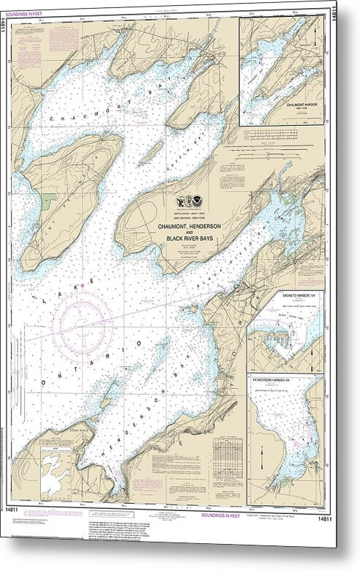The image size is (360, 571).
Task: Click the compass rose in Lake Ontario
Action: (x=87, y=322)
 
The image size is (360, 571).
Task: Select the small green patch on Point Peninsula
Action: (x=48, y=200)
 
